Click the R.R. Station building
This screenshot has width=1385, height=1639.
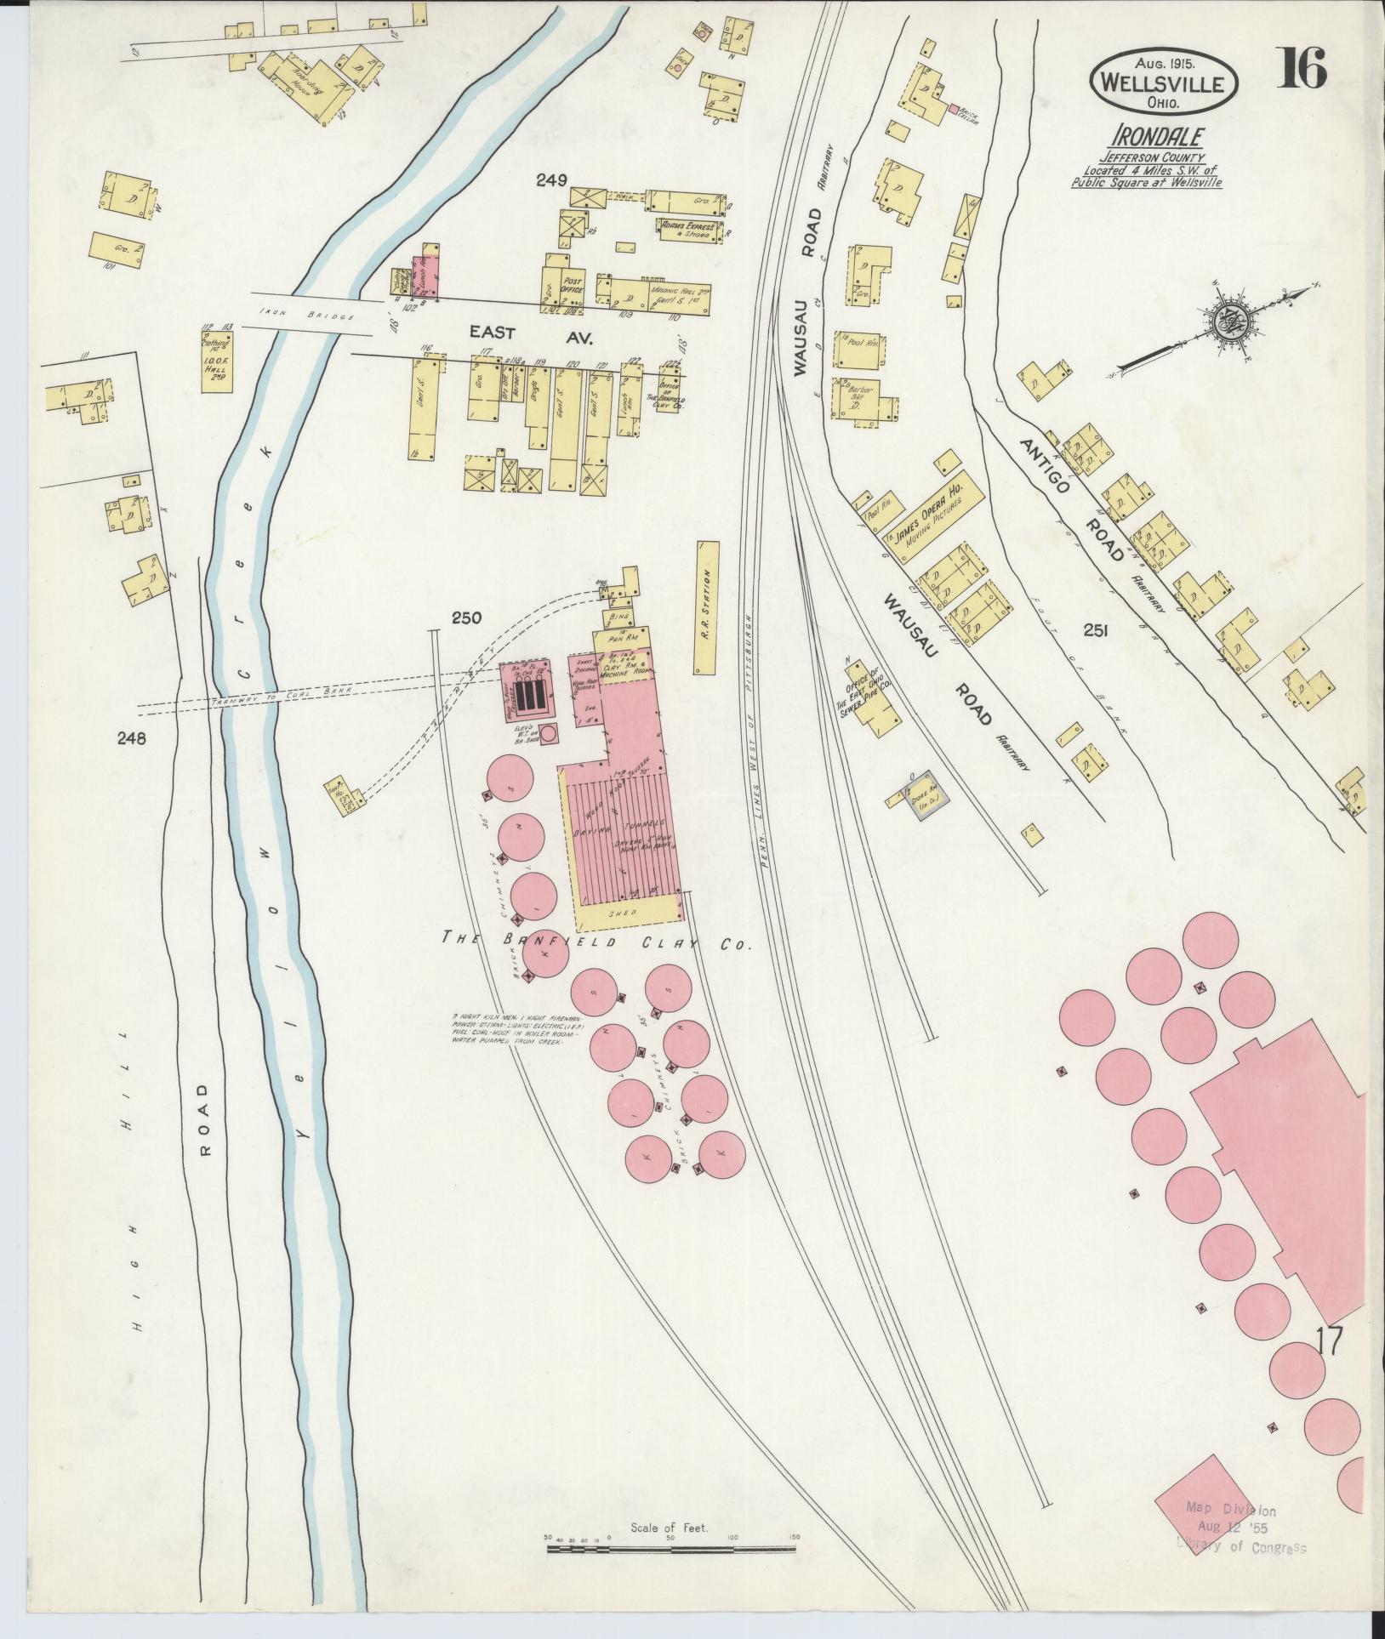coord(707,607)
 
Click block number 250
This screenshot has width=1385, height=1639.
coord(467,617)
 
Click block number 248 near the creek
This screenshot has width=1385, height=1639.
coord(133,738)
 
